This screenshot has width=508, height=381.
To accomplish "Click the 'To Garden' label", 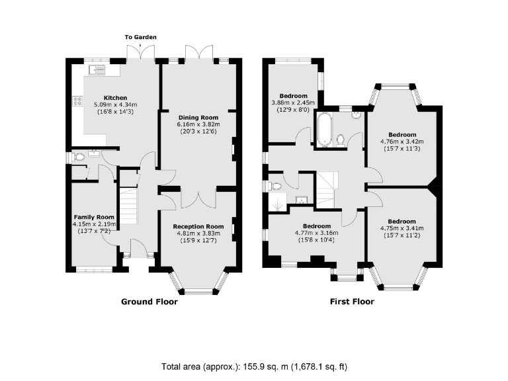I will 142,37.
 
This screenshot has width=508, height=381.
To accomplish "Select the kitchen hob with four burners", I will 77,102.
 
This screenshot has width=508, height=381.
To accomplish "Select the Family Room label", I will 94,217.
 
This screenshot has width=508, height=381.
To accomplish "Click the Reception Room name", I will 198,226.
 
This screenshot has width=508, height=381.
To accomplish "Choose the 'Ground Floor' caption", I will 149,302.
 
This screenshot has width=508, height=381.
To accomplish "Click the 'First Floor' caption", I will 352,302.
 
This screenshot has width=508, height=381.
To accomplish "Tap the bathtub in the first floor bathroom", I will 325,129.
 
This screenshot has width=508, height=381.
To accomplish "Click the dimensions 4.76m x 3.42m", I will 402,141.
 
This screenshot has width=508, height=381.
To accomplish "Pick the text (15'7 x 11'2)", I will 402,235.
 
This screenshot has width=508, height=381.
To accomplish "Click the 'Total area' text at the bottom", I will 254,366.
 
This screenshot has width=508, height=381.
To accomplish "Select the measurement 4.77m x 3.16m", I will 316,233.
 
